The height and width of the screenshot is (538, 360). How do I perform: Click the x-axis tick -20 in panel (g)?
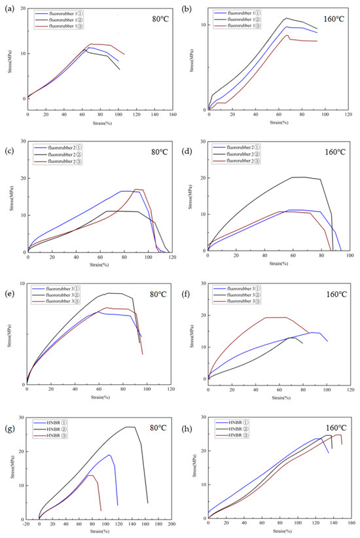click(26, 525)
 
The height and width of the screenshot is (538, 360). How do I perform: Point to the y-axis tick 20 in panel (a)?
click(22, 9)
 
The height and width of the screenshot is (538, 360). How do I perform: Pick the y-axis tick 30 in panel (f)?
click(202, 284)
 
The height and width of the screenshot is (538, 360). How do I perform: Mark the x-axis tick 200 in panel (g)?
click(171, 525)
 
